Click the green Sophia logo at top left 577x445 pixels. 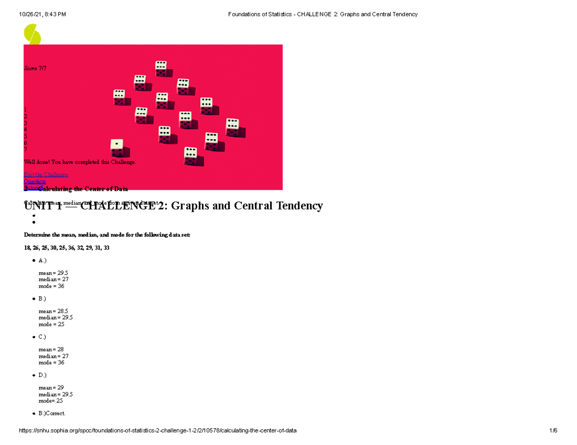coord(32,34)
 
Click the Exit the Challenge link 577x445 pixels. coord(46,175)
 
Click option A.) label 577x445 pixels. coord(43,260)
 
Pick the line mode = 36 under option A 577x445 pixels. coord(51,286)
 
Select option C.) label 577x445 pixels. coord(43,337)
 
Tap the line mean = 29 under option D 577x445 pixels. coord(51,388)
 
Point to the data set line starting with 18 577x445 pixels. coord(67,248)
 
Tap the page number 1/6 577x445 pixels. coord(553,431)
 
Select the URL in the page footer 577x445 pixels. coord(158,431)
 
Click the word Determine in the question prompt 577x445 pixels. coord(37,235)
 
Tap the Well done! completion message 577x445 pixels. coord(80,162)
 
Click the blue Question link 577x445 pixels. coord(35,181)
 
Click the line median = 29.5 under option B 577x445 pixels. coord(56,317)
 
